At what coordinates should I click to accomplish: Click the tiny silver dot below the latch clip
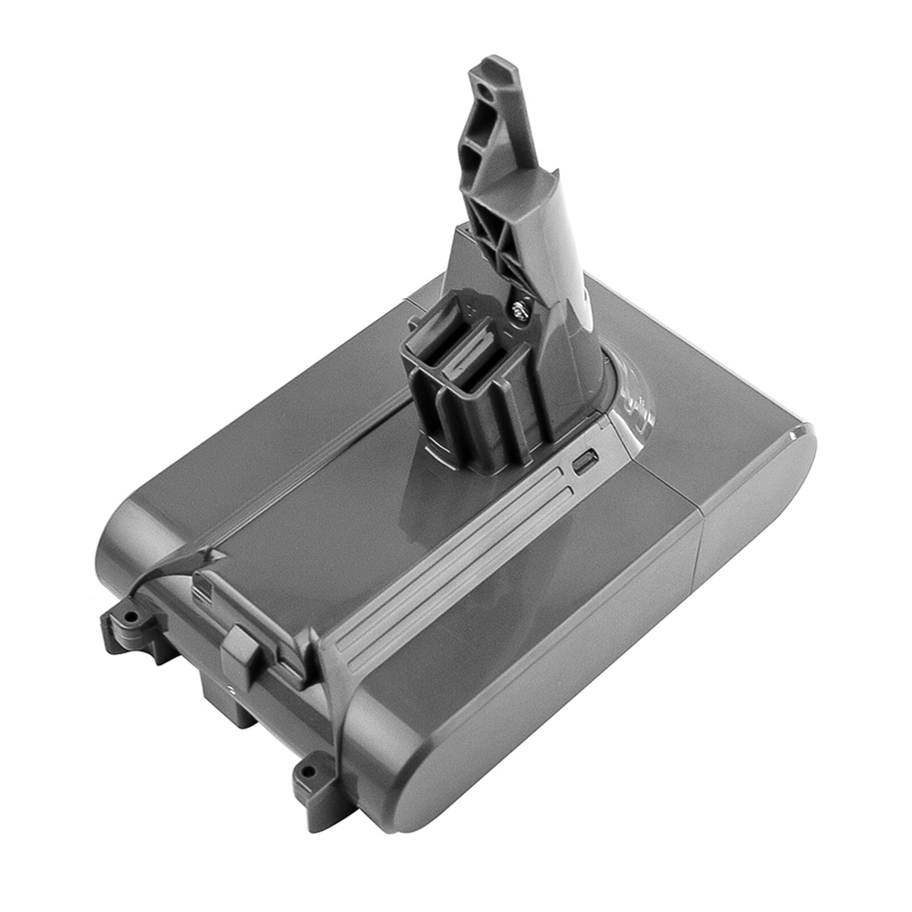coord(230,689)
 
